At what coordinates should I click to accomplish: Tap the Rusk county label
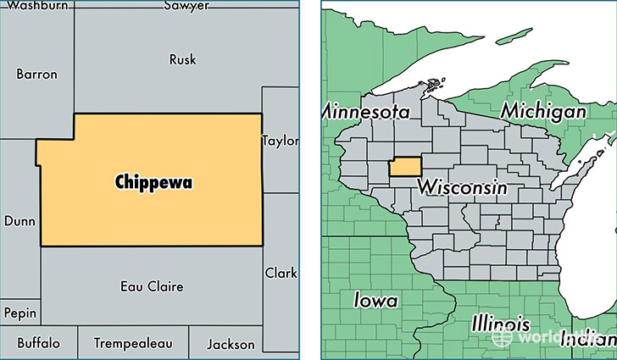(x=182, y=59)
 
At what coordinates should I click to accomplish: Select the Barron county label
(x=36, y=75)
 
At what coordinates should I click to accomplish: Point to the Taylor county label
(x=281, y=140)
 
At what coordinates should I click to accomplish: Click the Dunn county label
(x=19, y=220)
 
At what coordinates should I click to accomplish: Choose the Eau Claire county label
(x=152, y=286)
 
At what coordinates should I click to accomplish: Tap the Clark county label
(x=281, y=274)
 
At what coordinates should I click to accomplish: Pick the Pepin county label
(x=19, y=313)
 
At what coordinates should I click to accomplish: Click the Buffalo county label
(x=38, y=344)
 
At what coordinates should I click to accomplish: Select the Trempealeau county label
(x=133, y=344)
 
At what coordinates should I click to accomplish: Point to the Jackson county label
(x=230, y=344)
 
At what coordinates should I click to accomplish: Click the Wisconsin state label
(x=464, y=186)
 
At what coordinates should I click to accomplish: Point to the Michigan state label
(x=543, y=111)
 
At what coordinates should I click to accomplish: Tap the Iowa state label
(x=375, y=300)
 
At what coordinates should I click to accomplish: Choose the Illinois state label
(x=500, y=324)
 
